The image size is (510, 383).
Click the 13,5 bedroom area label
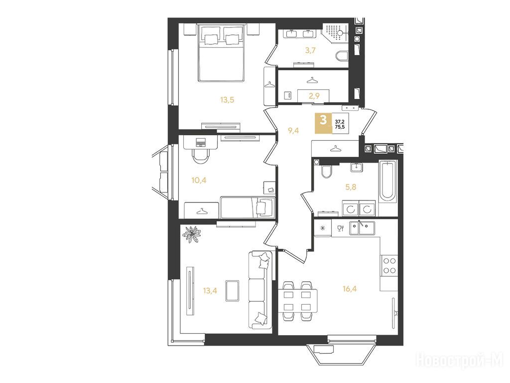(x=227, y=100)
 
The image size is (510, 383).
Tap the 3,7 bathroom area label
(x=310, y=50)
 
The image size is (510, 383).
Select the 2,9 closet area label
(x=314, y=96)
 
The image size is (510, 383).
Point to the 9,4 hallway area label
(x=293, y=131)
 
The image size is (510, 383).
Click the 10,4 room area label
(x=199, y=180)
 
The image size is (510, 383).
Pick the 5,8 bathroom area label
(x=351, y=187)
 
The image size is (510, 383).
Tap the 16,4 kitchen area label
(x=349, y=289)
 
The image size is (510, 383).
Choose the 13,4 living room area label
(x=210, y=291)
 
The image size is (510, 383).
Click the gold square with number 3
(x=323, y=123)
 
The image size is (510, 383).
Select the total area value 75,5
(x=340, y=128)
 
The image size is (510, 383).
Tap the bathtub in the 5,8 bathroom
(x=387, y=181)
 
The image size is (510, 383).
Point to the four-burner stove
(x=389, y=265)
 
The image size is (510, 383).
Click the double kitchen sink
(x=362, y=228)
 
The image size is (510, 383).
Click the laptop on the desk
(x=201, y=143)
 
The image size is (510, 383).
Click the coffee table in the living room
(x=232, y=291)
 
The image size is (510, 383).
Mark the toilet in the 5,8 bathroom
(x=326, y=171)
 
